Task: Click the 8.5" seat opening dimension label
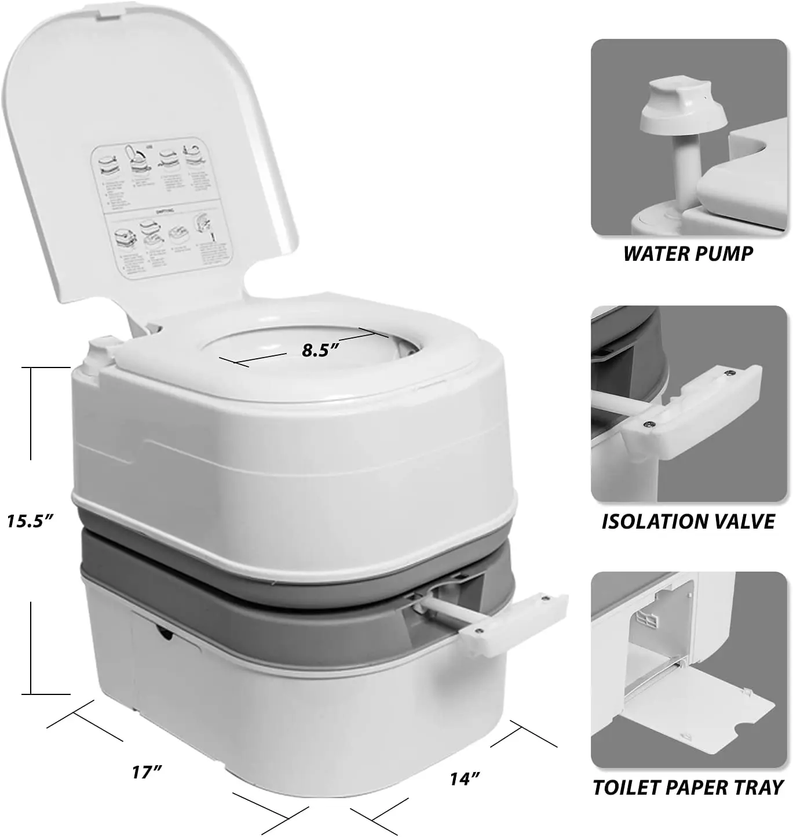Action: [x=319, y=350]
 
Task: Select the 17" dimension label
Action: [x=147, y=772]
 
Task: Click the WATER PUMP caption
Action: [x=688, y=253]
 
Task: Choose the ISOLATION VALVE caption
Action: [x=688, y=521]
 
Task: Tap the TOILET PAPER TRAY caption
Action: [x=688, y=787]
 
